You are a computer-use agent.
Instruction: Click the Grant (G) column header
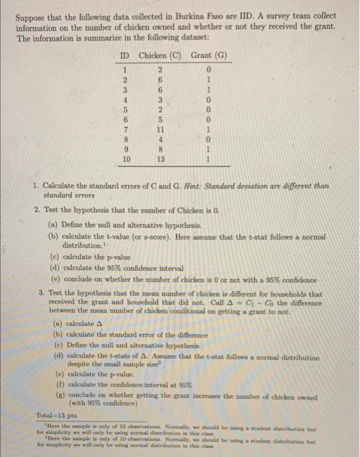(x=208, y=55)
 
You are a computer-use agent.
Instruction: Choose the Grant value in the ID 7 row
(x=208, y=129)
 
